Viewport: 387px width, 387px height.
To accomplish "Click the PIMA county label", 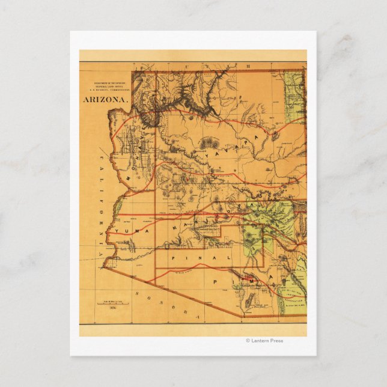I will tap(246, 279).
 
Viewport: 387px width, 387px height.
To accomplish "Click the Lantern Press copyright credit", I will tap(264, 341).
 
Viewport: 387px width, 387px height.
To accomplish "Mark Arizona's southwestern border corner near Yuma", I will tap(103, 267).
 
